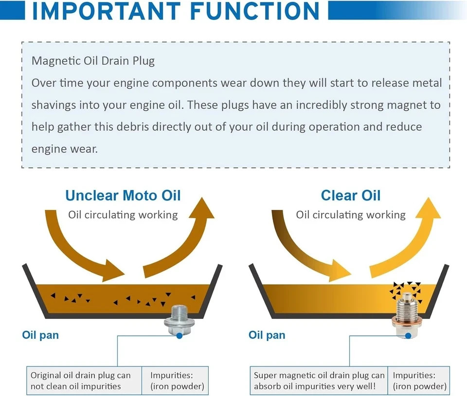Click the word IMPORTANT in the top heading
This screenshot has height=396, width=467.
[x=107, y=11]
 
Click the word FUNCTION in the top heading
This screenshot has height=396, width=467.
[x=255, y=11]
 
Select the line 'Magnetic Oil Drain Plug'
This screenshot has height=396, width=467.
[x=93, y=61]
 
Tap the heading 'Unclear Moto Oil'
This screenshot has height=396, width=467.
[x=123, y=195]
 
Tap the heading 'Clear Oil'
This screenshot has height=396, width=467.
[x=351, y=195]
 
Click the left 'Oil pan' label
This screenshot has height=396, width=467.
[x=40, y=335]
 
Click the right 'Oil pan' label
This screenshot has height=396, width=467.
[x=267, y=335]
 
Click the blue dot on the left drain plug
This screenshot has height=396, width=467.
[x=180, y=336]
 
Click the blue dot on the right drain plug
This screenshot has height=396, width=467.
[x=408, y=336]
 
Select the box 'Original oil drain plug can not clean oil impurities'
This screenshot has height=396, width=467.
[x=84, y=380]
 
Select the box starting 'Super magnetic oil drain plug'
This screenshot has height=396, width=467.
[x=319, y=380]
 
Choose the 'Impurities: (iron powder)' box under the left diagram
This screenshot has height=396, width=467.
[x=175, y=380]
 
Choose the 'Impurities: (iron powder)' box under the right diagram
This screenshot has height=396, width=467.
[x=419, y=380]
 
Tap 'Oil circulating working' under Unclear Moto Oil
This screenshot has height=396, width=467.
[x=123, y=215]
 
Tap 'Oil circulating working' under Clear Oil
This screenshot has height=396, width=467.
[x=351, y=215]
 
